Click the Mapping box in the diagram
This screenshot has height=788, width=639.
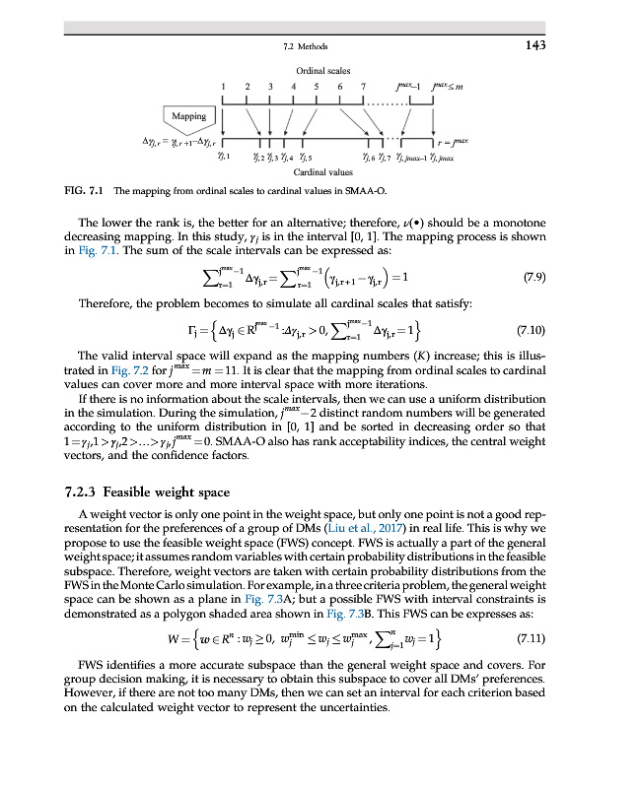188,117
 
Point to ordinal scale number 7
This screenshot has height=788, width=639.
365,88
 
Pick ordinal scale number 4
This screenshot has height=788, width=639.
294,88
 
